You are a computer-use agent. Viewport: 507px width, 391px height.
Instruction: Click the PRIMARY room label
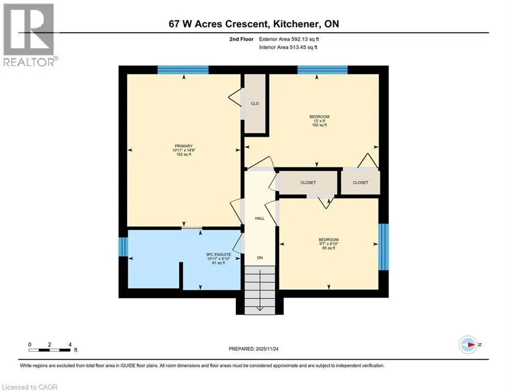(183, 146)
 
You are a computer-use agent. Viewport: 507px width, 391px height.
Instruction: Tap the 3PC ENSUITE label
(219, 255)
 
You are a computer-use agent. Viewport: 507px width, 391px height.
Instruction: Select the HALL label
(260, 218)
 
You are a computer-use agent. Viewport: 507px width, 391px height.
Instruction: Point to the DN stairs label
(260, 258)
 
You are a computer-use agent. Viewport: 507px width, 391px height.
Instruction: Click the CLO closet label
(255, 104)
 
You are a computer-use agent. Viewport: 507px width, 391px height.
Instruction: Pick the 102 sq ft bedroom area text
(319, 125)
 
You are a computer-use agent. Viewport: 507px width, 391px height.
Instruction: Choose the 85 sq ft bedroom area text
(329, 248)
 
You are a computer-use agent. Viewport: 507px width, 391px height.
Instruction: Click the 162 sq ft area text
(183, 154)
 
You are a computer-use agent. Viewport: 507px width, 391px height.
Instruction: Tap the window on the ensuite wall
(123, 246)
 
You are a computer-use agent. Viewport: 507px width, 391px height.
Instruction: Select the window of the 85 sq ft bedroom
(384, 247)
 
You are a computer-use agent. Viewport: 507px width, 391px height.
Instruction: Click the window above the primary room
(183, 70)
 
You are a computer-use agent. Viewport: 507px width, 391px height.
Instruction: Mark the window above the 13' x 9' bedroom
(323, 70)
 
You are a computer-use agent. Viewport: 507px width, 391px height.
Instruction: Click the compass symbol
(468, 345)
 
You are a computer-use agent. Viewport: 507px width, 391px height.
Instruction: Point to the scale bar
(49, 350)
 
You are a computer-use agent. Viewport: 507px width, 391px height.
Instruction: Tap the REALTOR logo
(29, 35)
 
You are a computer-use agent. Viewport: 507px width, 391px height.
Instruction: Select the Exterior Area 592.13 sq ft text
(289, 39)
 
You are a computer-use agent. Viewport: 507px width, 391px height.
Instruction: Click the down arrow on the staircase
(260, 290)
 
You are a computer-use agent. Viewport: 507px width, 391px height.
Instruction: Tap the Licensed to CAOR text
(30, 387)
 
